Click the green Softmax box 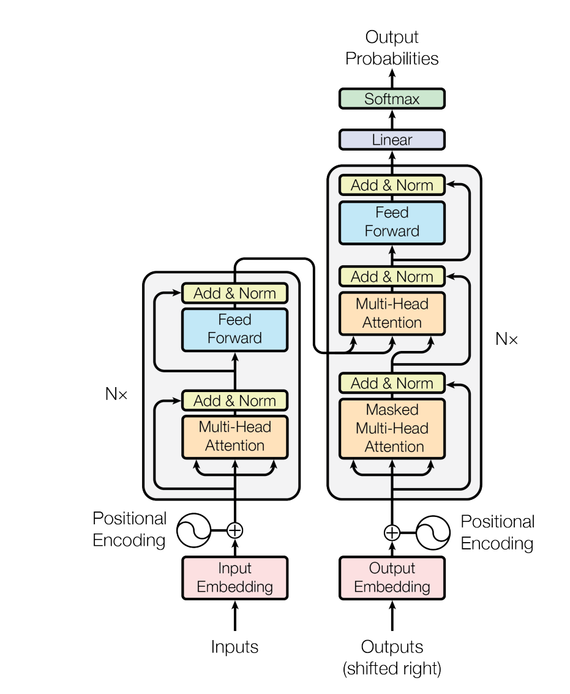coord(392,99)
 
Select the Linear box coord(392,140)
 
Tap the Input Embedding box coord(234,578)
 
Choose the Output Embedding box coord(392,578)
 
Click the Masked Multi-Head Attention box coord(392,428)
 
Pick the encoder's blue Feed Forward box coord(234,329)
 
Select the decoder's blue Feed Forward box coord(392,222)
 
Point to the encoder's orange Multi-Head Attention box coord(234,436)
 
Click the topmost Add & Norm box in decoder coord(392,185)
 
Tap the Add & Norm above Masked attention coord(392,383)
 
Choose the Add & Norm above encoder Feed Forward coord(234,293)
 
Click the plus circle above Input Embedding coord(234,530)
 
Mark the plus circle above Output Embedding coord(392,532)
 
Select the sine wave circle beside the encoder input coord(193,530)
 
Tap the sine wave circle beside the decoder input coord(433,532)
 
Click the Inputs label coord(234,647)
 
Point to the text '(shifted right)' coord(392,668)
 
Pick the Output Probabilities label coord(392,48)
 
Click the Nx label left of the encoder coord(116,394)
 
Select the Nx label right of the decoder coord(506,339)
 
